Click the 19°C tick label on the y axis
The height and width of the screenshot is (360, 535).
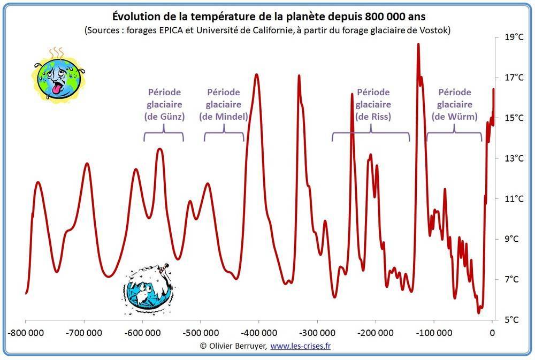coord(513,37)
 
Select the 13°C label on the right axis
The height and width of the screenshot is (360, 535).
coord(513,158)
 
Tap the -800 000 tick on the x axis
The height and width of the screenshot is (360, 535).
coord(26,332)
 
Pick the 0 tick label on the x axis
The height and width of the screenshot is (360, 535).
coord(492,332)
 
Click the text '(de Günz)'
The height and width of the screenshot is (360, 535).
coord(164,117)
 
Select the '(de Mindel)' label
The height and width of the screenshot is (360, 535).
coord(224,117)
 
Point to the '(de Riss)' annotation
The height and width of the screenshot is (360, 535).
coord(373,117)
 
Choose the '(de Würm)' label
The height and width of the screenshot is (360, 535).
coord(454,117)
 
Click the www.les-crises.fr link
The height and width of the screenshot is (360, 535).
coord(300,346)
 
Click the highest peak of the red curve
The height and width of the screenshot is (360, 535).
coord(418,44)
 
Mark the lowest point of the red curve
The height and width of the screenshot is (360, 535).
coord(479,312)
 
